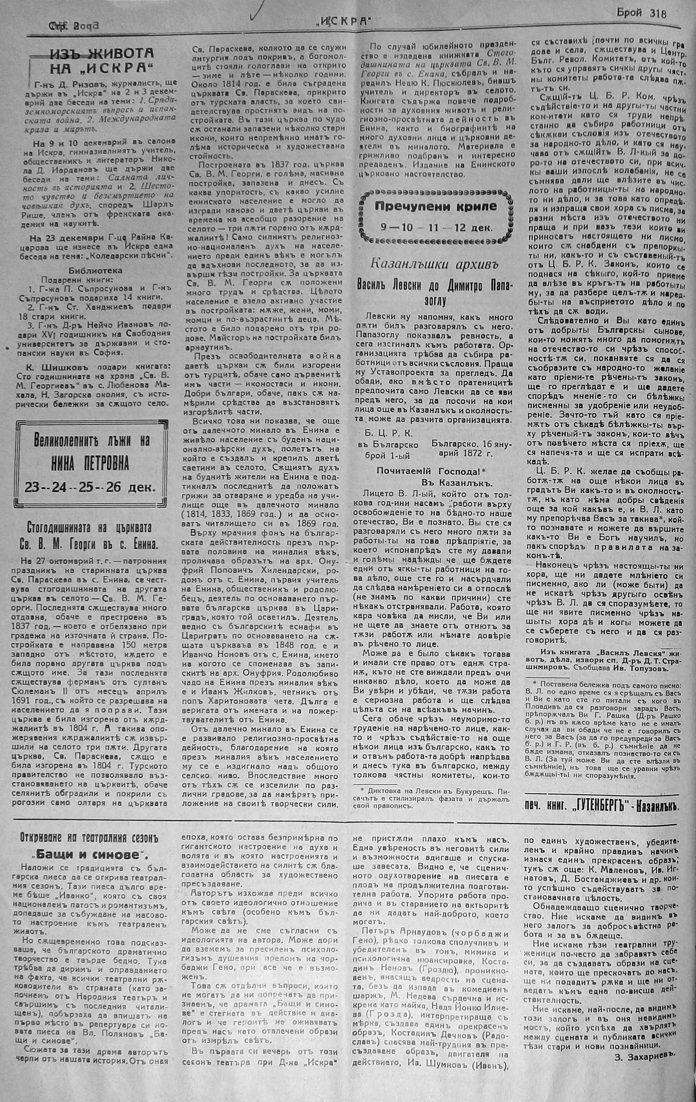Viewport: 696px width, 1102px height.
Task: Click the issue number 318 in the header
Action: coord(658,13)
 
